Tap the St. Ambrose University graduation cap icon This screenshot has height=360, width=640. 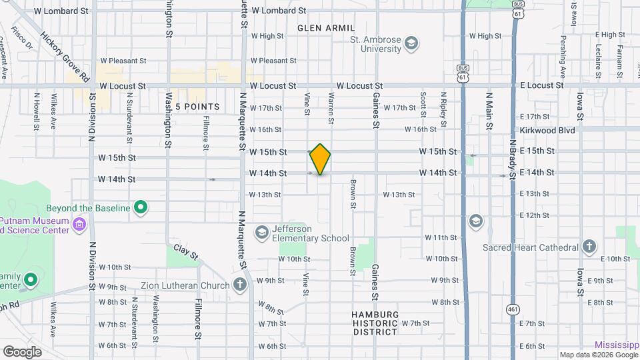[412, 44]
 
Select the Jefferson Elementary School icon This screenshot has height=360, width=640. [262, 232]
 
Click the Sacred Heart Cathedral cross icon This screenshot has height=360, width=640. [589, 247]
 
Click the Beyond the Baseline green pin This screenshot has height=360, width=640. [140, 208]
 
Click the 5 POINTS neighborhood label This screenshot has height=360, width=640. [197, 107]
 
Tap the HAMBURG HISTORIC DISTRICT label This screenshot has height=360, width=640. [375, 323]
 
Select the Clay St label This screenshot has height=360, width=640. [187, 252]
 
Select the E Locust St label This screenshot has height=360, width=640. [541, 86]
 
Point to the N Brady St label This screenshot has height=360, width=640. [513, 160]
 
